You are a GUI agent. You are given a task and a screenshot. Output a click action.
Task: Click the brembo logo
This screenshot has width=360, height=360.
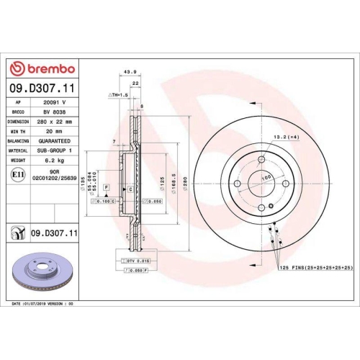click(44, 68)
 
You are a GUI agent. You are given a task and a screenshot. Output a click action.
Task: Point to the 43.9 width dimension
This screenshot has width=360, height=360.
click(131, 72)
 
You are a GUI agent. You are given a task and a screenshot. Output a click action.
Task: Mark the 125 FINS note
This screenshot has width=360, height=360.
click(315, 267)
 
